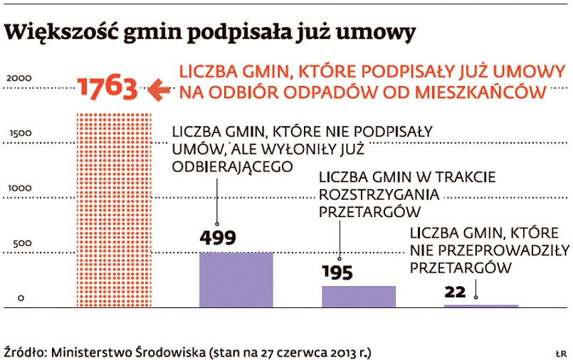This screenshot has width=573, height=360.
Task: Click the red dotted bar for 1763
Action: point(113,210)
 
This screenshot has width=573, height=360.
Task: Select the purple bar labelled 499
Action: point(236,280)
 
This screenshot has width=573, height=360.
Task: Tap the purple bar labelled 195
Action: point(359,296)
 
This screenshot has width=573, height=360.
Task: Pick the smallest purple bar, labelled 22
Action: point(481,305)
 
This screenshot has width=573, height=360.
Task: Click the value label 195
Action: point(337,273)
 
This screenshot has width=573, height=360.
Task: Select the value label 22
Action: point(455,292)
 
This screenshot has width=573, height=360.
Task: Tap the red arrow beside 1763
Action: point(159,90)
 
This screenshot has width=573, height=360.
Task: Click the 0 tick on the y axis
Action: point(21,298)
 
